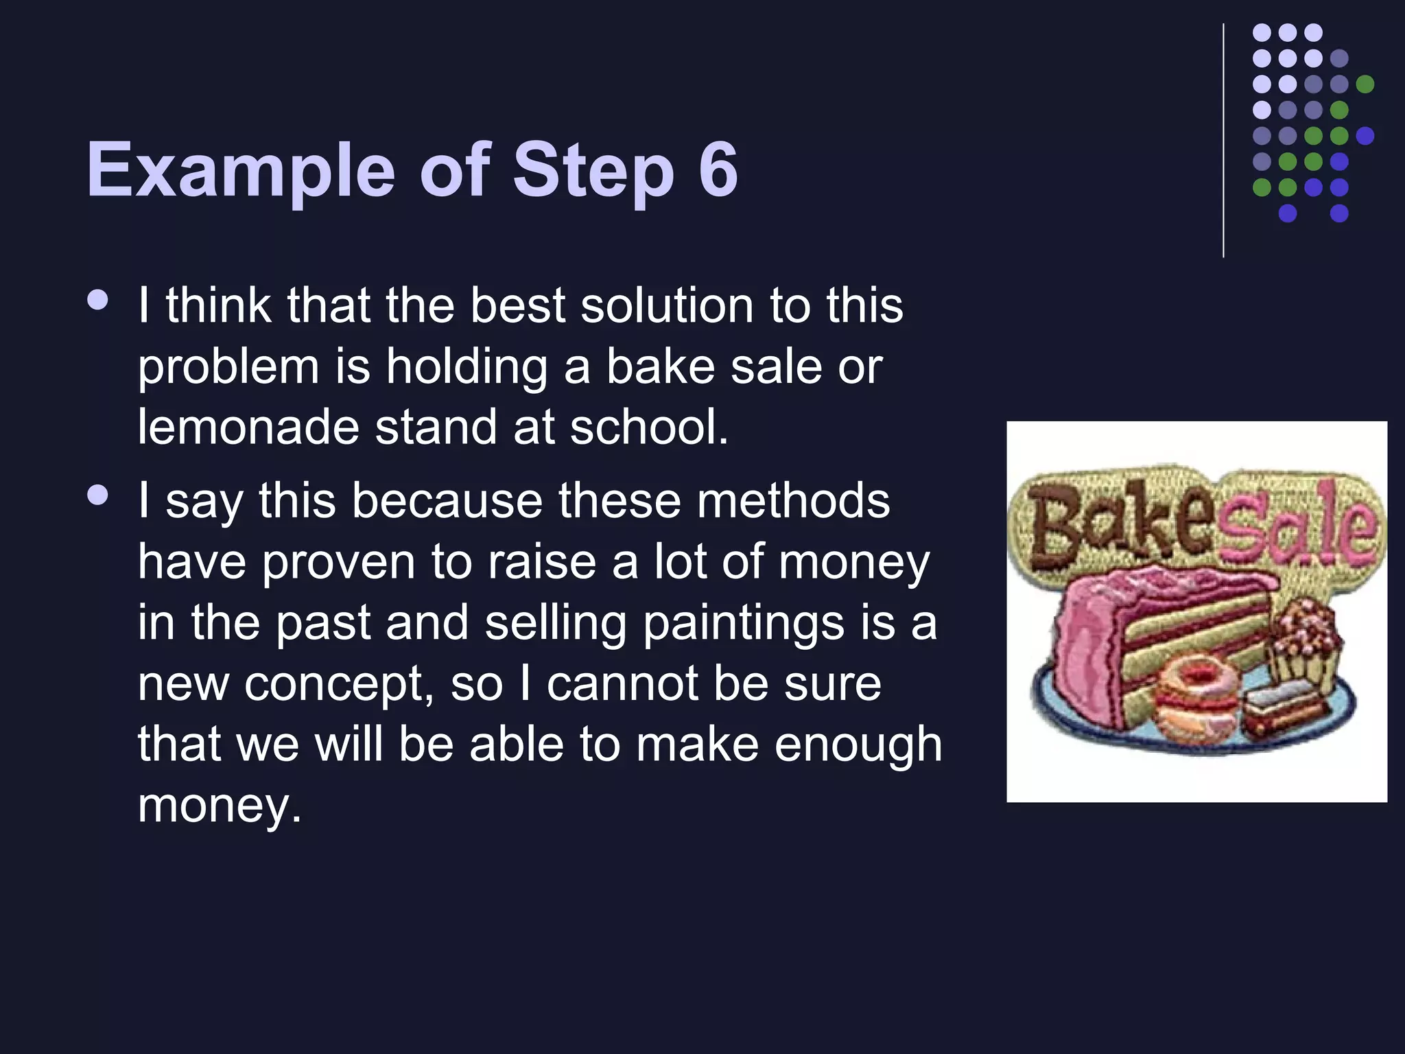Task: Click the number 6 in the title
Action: click(718, 169)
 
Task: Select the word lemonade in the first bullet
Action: click(248, 427)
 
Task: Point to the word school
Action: click(648, 427)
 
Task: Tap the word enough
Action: click(858, 744)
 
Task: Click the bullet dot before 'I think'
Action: click(99, 300)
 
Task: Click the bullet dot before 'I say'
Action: click(99, 495)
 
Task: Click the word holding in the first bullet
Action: click(467, 367)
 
